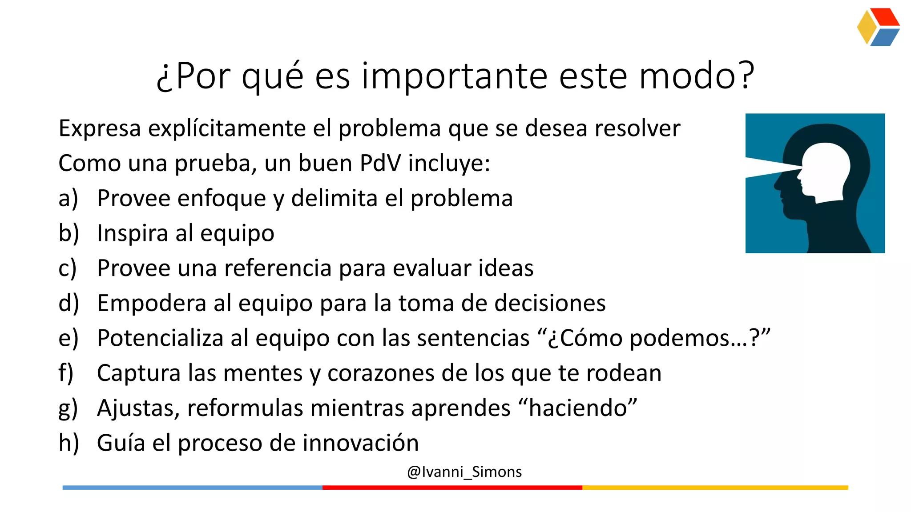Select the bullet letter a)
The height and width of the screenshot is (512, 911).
coord(68,198)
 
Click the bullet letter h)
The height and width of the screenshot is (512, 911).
coord(69,443)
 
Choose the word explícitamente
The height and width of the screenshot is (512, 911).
coord(227,128)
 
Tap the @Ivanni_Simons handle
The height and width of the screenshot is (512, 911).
coord(464,472)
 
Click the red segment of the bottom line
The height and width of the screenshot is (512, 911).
coord(452,488)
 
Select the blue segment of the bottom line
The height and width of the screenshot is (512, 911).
coord(192,488)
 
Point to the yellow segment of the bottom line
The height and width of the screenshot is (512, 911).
coord(715,488)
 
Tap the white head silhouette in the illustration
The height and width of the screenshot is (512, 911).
coord(826,171)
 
